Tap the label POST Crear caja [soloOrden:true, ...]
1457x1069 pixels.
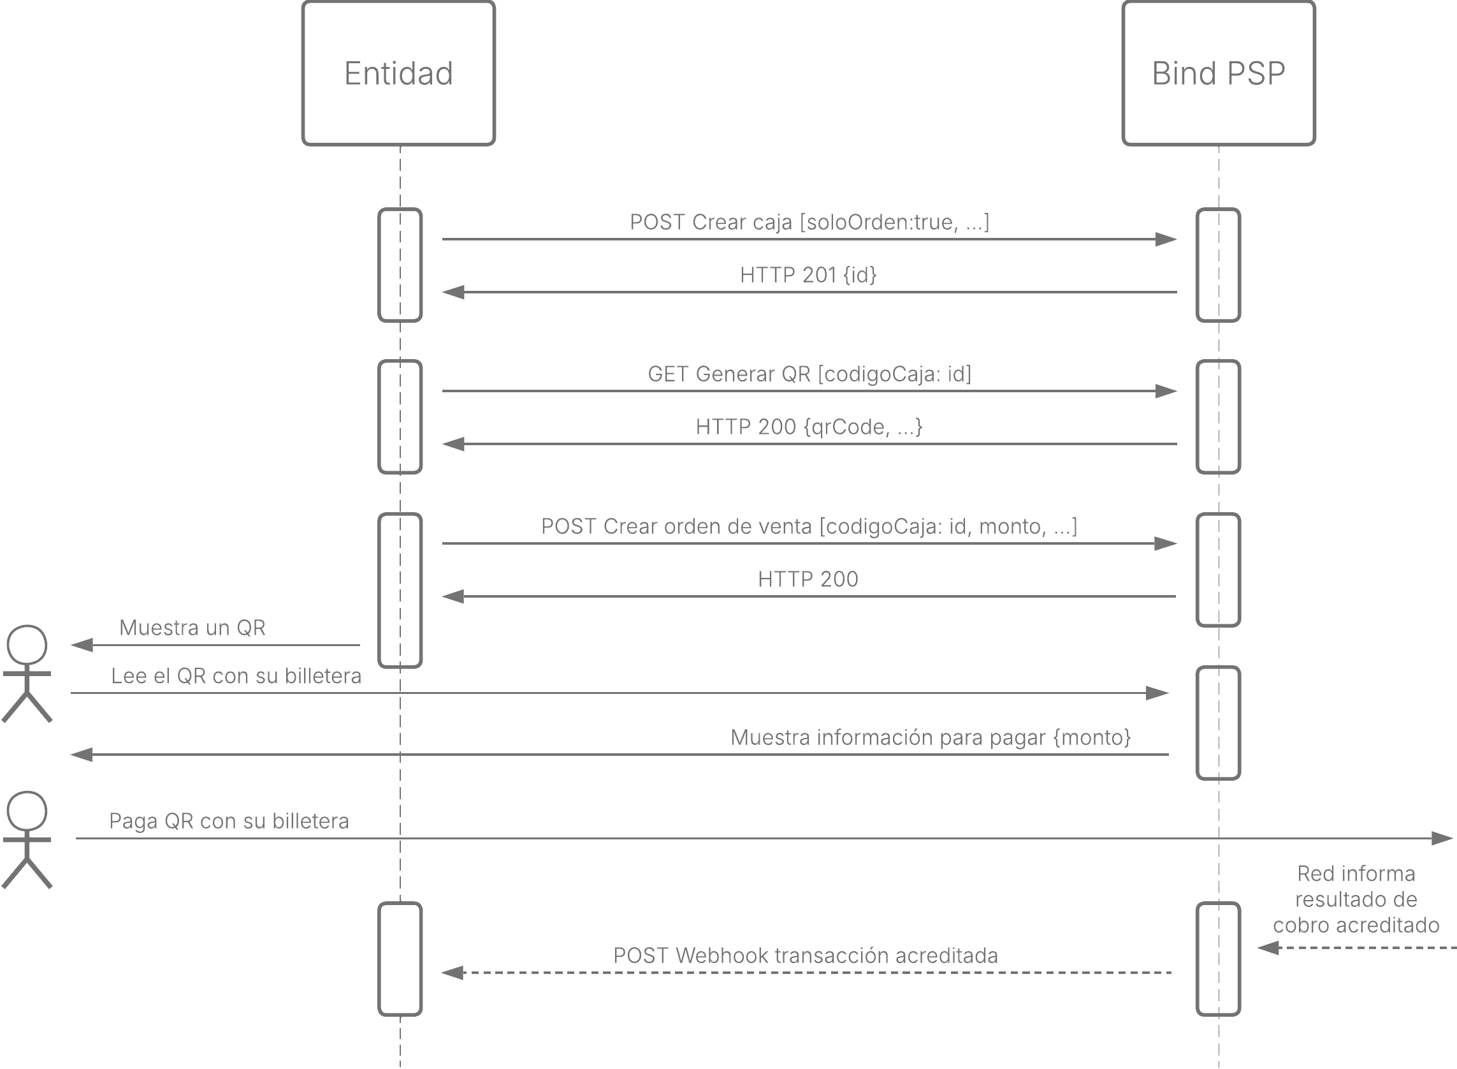809,222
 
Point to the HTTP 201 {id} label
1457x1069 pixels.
808,275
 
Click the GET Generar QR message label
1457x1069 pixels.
809,374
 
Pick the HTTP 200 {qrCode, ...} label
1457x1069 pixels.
809,427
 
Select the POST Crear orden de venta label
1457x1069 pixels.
809,527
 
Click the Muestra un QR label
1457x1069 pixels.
192,628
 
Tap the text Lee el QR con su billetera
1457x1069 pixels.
236,676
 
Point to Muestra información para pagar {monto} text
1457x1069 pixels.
931,738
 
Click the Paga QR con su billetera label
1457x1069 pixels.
229,821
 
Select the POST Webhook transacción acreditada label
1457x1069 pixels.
806,955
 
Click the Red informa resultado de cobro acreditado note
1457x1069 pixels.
1356,899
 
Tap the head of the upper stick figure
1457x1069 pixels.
27,645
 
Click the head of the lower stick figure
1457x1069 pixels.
27,811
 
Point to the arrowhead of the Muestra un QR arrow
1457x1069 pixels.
82,645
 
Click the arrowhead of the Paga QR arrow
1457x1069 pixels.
1443,839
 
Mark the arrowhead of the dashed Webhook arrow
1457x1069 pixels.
453,973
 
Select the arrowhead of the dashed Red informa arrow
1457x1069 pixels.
1268,948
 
